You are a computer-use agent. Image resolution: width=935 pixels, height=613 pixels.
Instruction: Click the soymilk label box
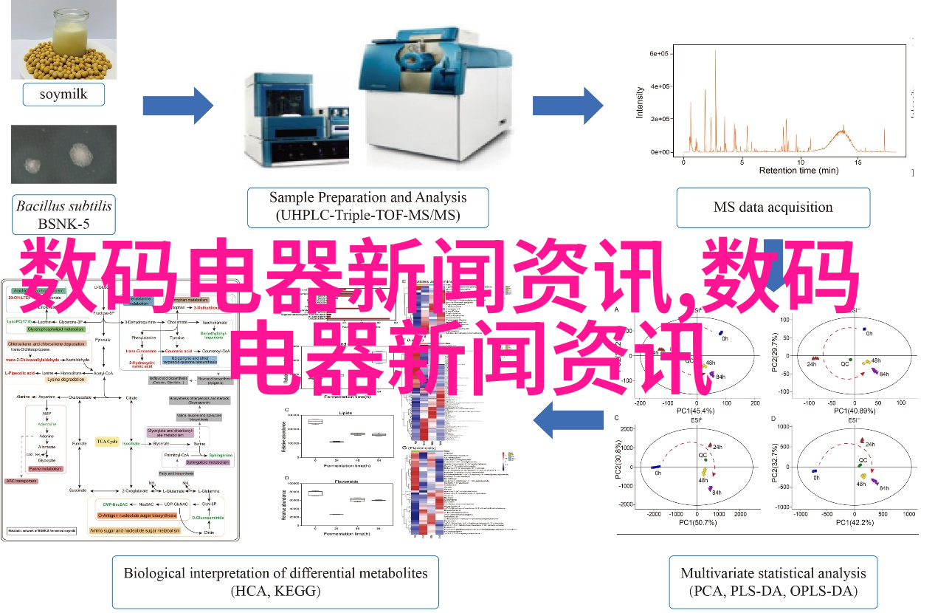coord(63,95)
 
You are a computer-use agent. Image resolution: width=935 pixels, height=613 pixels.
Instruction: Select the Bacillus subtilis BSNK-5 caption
coord(63,213)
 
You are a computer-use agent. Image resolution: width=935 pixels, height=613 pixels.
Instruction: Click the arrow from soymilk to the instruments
coord(178,106)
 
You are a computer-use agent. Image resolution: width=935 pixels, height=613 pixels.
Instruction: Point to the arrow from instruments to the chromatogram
coord(567,106)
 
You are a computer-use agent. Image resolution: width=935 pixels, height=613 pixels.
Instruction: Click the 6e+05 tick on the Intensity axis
coord(659,54)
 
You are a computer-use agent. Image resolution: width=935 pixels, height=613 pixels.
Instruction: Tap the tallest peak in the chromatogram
coord(715,52)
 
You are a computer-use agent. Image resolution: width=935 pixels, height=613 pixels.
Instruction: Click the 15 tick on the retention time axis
coord(858,160)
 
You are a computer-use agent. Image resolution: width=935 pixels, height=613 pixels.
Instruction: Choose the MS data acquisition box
coord(773,208)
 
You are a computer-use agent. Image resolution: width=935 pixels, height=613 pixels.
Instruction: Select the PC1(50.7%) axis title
coord(695,522)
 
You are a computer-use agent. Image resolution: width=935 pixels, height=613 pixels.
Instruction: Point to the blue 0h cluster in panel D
coord(814,470)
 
